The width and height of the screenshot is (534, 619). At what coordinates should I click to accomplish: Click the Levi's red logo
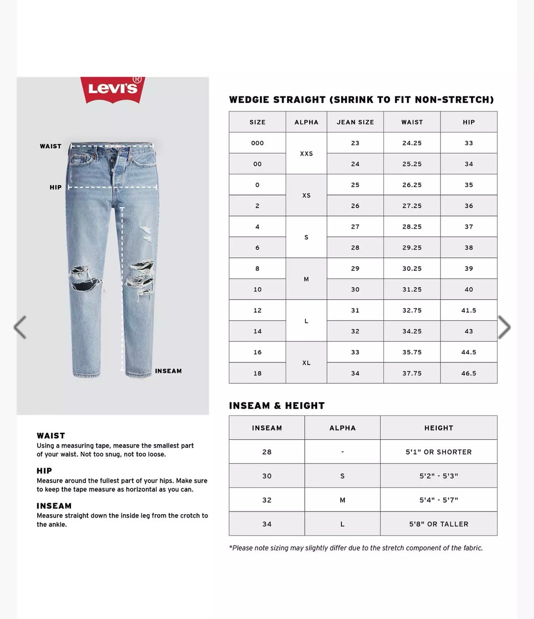[x=112, y=89]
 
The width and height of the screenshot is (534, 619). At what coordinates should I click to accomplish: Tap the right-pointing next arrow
[x=504, y=327]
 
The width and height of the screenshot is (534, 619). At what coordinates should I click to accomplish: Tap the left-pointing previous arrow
[x=20, y=327]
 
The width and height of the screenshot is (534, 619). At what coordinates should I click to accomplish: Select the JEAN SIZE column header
[x=355, y=122]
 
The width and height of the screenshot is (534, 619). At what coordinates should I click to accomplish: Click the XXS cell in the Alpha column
[x=306, y=154]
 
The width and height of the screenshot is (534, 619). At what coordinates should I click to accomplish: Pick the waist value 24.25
[x=412, y=143]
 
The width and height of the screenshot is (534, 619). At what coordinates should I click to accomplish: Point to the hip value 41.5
[x=468, y=310]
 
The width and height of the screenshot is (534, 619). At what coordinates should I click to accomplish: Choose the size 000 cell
[x=257, y=143]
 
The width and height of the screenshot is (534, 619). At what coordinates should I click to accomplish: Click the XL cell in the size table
[x=306, y=363]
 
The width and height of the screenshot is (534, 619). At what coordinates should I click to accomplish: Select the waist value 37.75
[x=412, y=373]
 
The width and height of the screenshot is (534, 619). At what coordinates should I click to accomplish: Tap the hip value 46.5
[x=468, y=373]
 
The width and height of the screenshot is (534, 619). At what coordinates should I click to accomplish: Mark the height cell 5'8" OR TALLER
[x=439, y=524]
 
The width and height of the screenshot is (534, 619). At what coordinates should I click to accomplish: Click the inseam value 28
[x=267, y=452]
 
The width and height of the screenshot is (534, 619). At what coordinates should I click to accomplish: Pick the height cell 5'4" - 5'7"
[x=439, y=500]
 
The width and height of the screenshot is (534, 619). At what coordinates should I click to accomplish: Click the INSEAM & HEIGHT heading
[x=277, y=406]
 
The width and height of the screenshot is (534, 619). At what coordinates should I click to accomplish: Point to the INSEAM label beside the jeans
[x=168, y=371]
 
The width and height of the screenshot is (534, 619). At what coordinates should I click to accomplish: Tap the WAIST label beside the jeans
[x=51, y=146]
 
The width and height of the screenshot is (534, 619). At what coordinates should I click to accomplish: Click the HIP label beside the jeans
[x=55, y=187]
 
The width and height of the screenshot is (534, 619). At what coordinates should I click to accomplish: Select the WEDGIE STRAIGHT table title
[x=361, y=100]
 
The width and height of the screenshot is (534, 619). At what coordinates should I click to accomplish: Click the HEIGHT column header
[x=439, y=428]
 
